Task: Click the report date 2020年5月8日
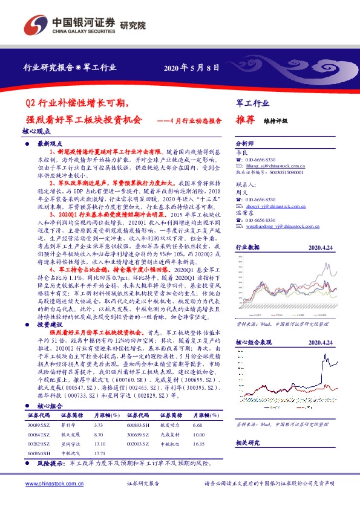coord(191,67)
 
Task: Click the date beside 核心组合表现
coord(321,342)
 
